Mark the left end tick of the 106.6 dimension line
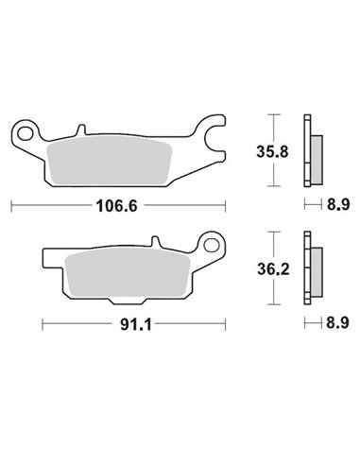[x=11, y=205]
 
